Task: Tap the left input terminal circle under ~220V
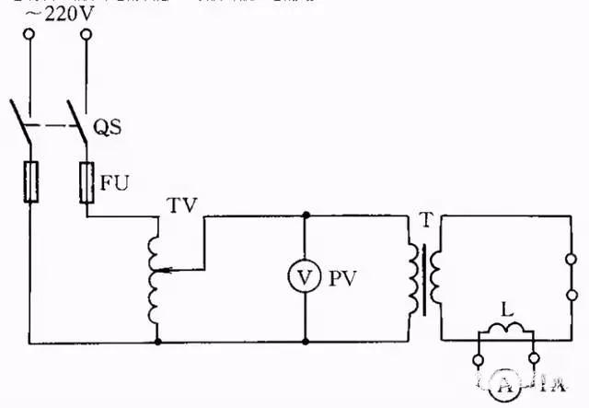[x=30, y=35]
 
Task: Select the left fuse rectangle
[x=30, y=181]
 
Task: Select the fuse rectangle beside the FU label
[x=87, y=181]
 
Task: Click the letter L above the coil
[x=504, y=306]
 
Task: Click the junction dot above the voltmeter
[x=305, y=216]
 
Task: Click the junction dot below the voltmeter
[x=305, y=341]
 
